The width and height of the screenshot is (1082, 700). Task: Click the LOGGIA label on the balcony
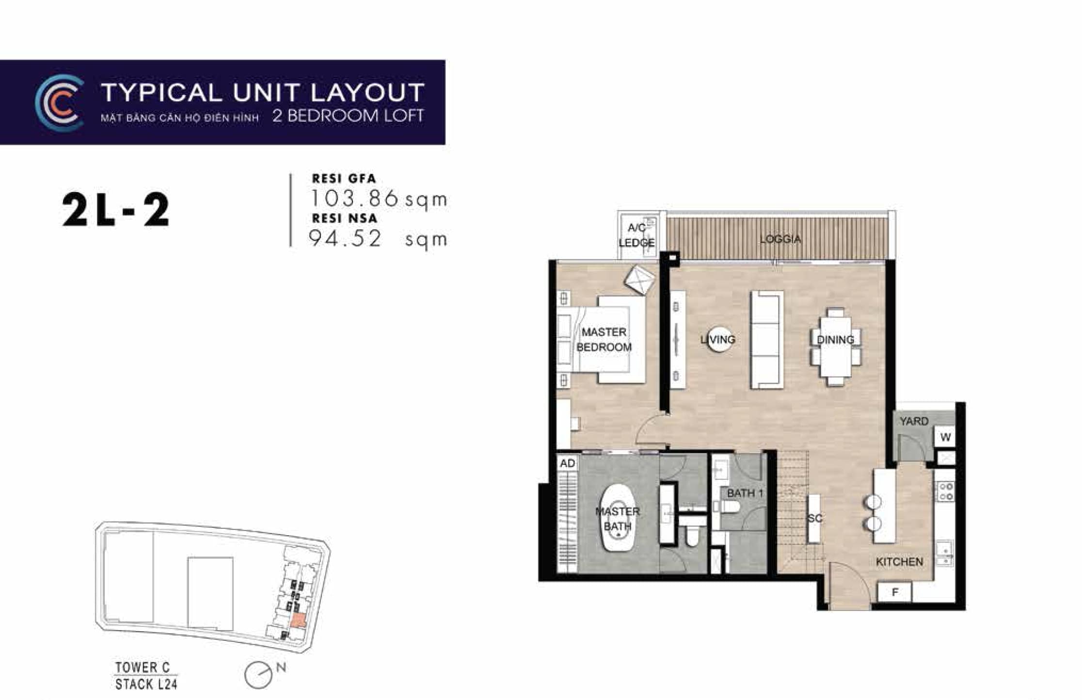pos(780,239)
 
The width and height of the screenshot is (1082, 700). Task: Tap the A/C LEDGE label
pos(636,235)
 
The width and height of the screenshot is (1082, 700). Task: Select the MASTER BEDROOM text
pos(604,339)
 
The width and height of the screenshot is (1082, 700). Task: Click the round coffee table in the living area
pos(718,339)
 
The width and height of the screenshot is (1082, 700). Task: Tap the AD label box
pos(567,463)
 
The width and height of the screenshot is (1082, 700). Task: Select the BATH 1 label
pos(745,493)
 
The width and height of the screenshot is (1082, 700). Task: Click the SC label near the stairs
pos(815,518)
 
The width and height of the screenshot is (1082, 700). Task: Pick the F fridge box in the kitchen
pos(895,592)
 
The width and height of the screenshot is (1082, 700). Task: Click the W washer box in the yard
pos(945,437)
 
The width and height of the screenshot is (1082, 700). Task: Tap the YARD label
pos(914,421)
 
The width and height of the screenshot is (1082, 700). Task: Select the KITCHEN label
pos(899,562)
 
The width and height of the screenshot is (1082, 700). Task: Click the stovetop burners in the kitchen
pos(946,491)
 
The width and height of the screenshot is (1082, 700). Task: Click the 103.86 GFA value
pos(354,198)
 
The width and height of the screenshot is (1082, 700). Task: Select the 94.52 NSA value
pos(346,239)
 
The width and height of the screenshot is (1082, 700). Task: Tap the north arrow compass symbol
pos(259,674)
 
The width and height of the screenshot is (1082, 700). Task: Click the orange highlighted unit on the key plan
pos(298,620)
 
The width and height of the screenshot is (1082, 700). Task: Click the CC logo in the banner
pos(60,103)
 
